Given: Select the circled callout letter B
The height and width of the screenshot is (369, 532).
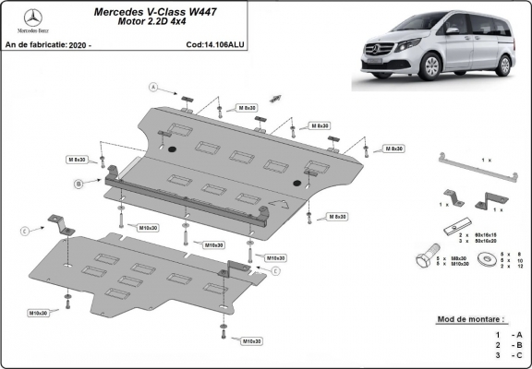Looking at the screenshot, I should pos(79,184).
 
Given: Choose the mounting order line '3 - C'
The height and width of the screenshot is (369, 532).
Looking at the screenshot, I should pos(508,353).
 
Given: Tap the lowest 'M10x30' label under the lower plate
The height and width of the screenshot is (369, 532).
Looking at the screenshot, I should pos(249,341).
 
